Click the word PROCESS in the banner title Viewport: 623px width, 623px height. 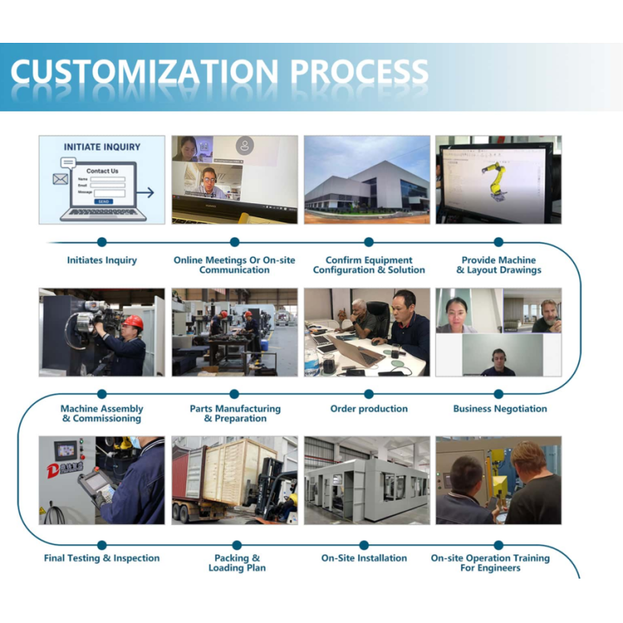pyautogui.click(x=360, y=72)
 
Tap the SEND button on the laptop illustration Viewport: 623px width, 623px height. pyautogui.click(x=104, y=202)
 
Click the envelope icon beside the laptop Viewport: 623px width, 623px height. pyautogui.click(x=61, y=179)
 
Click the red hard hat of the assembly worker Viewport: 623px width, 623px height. pyautogui.click(x=134, y=322)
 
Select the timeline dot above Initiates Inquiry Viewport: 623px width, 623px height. pyautogui.click(x=102, y=241)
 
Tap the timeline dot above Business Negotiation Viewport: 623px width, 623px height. pyautogui.click(x=498, y=394)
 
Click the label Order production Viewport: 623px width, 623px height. pyautogui.click(x=368, y=408)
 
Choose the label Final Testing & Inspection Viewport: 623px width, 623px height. pyautogui.click(x=102, y=558)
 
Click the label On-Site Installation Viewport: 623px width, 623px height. pyautogui.click(x=364, y=558)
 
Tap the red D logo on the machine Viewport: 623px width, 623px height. pyautogui.click(x=53, y=471)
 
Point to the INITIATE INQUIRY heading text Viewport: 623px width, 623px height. pyautogui.click(x=102, y=147)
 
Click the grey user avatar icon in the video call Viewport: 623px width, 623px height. pyautogui.click(x=245, y=146)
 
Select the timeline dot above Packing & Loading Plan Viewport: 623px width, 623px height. pyautogui.click(x=237, y=545)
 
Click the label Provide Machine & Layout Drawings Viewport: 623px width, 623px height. pyautogui.click(x=498, y=265)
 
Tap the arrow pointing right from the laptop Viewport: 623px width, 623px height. pyautogui.click(x=146, y=192)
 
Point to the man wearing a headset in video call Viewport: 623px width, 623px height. pyautogui.click(x=498, y=362)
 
